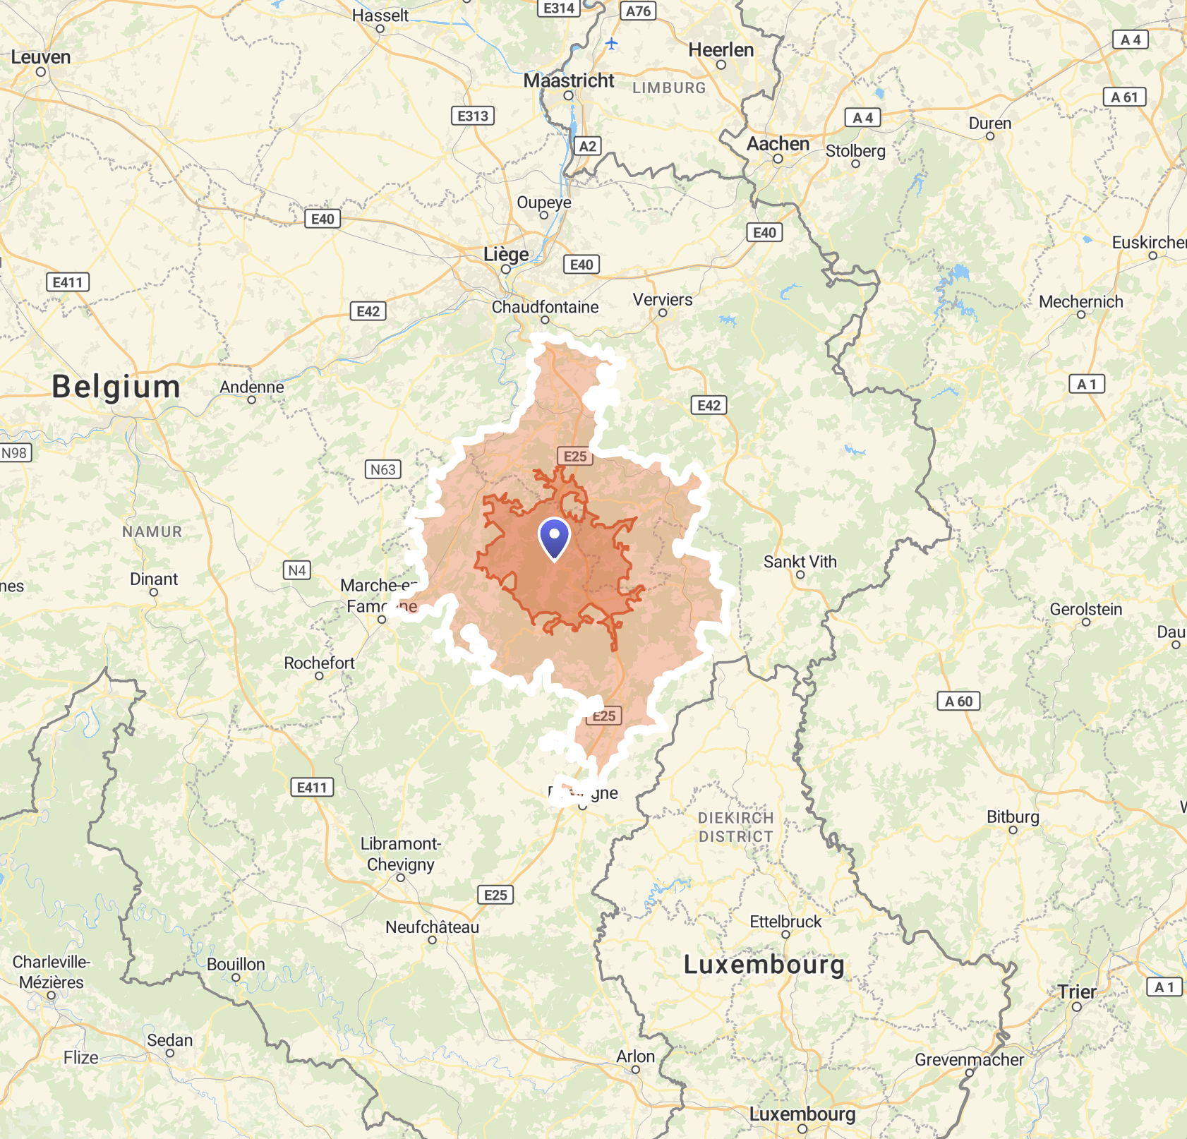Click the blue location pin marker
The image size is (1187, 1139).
(554, 538)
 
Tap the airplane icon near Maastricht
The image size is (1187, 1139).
(612, 44)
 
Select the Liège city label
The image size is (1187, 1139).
(506, 255)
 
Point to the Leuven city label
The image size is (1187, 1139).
(41, 57)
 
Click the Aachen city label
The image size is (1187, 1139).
(778, 144)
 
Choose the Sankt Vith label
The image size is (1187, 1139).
(800, 562)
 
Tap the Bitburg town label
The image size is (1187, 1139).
(1013, 816)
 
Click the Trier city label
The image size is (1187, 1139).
(1077, 992)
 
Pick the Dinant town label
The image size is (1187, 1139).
(154, 579)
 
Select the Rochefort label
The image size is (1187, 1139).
(319, 663)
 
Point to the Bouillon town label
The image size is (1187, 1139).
(236, 964)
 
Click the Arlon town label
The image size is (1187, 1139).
(635, 1056)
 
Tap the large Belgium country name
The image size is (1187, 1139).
(116, 387)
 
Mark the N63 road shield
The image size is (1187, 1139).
(383, 469)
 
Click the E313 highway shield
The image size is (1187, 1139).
(472, 116)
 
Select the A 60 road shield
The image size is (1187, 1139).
(958, 701)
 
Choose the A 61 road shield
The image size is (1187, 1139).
(1124, 97)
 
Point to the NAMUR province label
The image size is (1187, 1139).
(152, 531)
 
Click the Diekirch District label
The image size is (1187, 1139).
(735, 827)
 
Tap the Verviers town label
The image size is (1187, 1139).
(663, 300)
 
